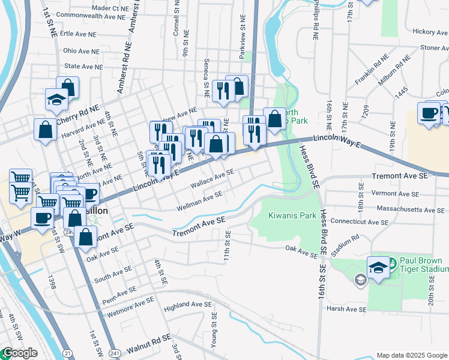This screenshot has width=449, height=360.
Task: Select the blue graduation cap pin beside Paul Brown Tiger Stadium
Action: click(379, 268)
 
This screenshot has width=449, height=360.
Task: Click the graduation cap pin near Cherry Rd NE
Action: click(56, 100)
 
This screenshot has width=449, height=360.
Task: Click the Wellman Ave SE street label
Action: click(199, 201)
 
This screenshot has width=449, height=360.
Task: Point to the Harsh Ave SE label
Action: click(346, 309)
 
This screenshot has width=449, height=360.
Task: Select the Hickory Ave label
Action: click(427, 31)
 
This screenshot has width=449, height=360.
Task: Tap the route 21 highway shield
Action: click(66, 353)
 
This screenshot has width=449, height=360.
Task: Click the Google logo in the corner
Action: click(20, 353)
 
